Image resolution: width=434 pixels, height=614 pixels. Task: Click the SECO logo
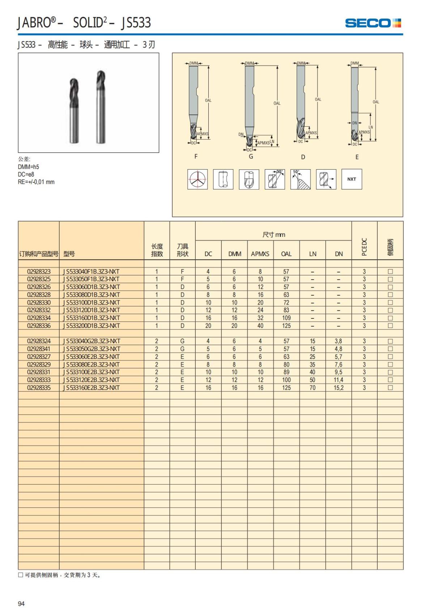point(373,23)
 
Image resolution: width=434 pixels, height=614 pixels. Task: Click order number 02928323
point(39,271)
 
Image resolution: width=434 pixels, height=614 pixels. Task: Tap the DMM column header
point(234,254)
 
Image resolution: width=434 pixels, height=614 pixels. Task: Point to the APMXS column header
point(260,254)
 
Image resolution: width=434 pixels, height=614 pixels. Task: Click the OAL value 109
point(286,318)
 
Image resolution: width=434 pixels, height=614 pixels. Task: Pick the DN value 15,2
point(339,388)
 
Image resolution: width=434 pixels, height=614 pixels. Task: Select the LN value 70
point(312,388)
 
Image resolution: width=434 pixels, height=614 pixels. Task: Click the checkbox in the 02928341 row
point(390,349)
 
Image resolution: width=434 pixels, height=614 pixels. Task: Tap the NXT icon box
point(352,179)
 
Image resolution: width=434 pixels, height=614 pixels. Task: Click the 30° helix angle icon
point(275,179)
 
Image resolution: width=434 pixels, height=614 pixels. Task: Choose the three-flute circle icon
point(197,179)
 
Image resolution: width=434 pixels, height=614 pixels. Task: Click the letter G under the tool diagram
point(251,157)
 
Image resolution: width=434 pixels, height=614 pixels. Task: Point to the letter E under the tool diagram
point(357,157)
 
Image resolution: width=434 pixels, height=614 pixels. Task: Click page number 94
point(21,604)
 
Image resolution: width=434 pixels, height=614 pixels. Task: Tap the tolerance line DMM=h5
point(29,167)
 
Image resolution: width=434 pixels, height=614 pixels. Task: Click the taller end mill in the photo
point(101,107)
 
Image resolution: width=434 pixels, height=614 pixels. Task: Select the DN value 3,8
point(339,341)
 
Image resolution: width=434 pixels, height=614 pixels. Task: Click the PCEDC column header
point(364,247)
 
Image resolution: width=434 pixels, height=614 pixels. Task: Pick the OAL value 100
point(286,380)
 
